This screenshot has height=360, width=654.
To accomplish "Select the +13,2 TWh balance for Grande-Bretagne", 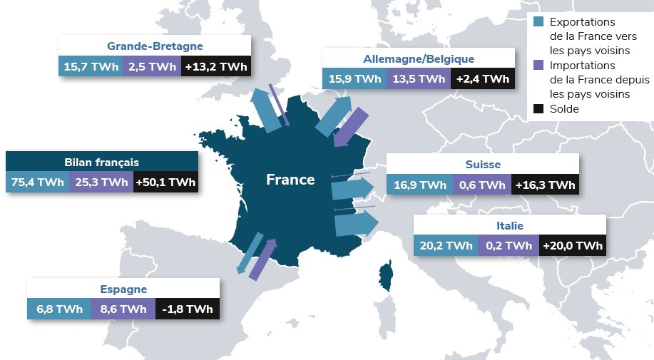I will pos(215,67).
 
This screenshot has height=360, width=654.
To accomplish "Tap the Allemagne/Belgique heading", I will pos(418,58).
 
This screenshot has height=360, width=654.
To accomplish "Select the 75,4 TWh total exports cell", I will pos(37,182).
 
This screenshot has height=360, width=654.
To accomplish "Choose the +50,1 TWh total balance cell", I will pos(165,182).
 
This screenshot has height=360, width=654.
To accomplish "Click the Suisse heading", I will pos(482,165).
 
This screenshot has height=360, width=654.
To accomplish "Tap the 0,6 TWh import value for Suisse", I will pos(481,185).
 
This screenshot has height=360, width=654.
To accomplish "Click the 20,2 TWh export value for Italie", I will pos(446,246).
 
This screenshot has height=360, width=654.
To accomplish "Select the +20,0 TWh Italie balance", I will pos(573,246).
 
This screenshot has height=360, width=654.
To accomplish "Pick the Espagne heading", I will pos(123,289).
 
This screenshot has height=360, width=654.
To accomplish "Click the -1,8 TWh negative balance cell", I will pos(188,309).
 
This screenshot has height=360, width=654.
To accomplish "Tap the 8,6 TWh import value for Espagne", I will pos(123,309).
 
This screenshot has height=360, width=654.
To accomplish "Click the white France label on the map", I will pos(290,180).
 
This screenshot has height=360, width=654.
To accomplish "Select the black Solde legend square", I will pos(538,109).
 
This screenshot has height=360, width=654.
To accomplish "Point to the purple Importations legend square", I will pos(538,64).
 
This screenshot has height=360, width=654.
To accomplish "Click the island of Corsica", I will pos(386,274).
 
